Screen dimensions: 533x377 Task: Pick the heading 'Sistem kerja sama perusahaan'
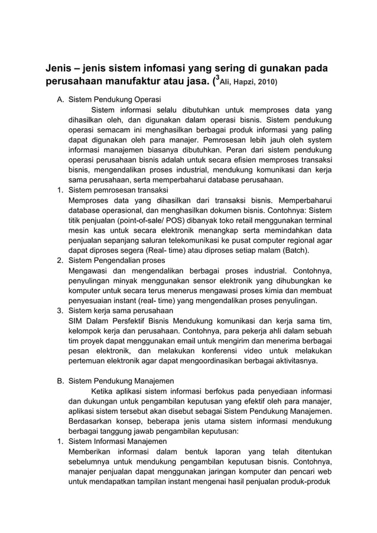click(x=121, y=310)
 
